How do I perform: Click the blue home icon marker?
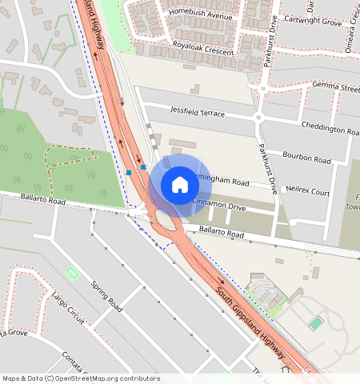pyautogui.click(x=180, y=185)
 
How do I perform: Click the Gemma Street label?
pyautogui.click(x=337, y=86)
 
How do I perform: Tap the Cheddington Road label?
pyautogui.click(x=330, y=129)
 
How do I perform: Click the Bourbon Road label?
pyautogui.click(x=308, y=160)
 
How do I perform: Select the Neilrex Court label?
pyautogui.click(x=308, y=192)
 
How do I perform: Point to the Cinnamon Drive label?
pyautogui.click(x=219, y=206)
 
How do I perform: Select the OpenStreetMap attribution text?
pyautogui.click(x=81, y=378)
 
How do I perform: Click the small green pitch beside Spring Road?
pyautogui.click(x=73, y=274)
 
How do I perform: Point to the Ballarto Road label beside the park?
pyautogui.click(x=33, y=198)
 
